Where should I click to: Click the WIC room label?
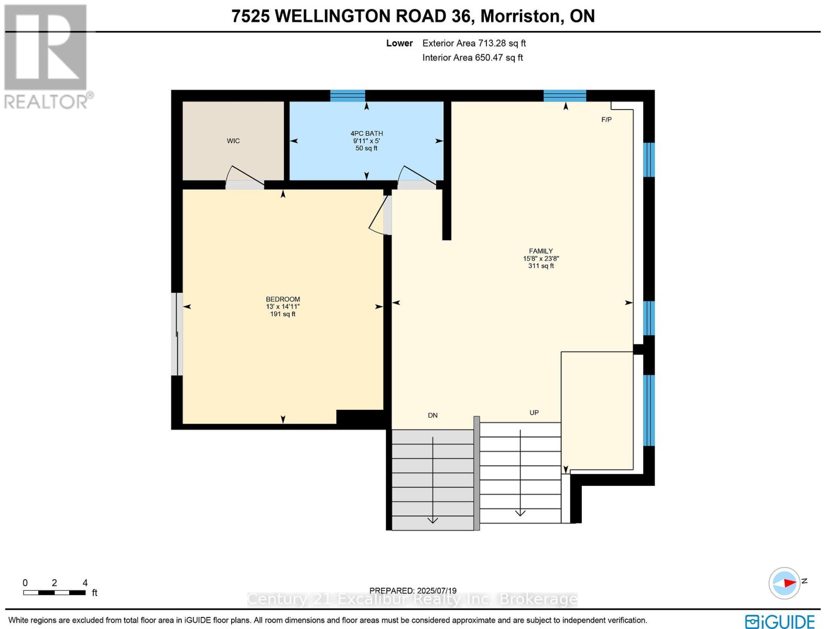233,141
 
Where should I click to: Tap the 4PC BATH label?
366,134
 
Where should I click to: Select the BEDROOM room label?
283,299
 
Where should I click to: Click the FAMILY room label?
541,251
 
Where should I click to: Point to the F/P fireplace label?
606,120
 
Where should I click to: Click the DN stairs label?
432,416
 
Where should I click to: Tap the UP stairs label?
534,413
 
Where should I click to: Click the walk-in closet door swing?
244,177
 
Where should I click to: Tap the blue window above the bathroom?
348,95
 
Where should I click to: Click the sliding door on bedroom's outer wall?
178,334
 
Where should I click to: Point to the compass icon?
785,583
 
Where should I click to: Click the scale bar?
54,592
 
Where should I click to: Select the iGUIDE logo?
779,621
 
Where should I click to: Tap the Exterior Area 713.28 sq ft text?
474,44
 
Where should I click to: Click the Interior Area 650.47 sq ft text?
472,58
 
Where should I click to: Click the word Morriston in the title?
520,16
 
